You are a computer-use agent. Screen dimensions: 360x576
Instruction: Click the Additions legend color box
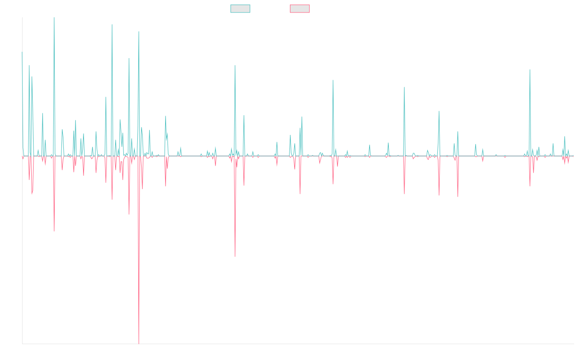point(240,9)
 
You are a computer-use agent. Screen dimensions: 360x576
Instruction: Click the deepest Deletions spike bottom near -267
point(139,343)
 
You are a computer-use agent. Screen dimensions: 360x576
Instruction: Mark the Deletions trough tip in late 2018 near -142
point(235,256)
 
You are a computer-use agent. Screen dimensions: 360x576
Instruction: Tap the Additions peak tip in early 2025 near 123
point(530,70)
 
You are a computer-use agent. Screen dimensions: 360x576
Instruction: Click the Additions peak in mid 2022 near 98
point(404,87)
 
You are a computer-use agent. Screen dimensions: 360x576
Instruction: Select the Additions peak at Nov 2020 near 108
point(333,80)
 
